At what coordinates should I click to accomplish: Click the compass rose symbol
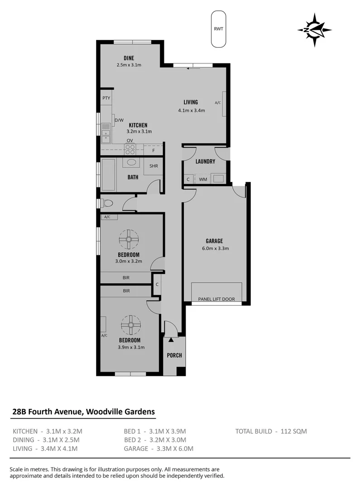(x=314, y=30)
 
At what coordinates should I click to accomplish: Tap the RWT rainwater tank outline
(x=219, y=29)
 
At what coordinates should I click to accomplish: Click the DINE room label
(x=129, y=58)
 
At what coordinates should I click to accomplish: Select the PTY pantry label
(x=106, y=98)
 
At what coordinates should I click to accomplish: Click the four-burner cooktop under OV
(x=130, y=147)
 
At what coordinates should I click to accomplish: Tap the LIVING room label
(x=191, y=102)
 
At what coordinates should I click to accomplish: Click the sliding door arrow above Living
(x=193, y=69)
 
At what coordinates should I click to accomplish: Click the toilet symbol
(x=107, y=204)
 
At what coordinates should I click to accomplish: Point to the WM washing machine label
(x=203, y=180)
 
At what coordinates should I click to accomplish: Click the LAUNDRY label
(x=205, y=162)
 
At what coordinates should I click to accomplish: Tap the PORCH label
(x=174, y=355)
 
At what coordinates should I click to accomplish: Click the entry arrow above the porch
(x=171, y=340)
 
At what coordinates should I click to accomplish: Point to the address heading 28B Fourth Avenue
(x=83, y=412)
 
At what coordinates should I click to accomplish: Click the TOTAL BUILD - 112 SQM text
(x=271, y=431)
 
